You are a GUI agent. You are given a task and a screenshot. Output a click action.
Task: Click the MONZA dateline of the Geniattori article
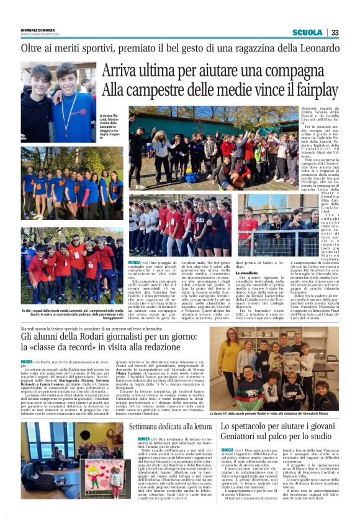pos(227,450)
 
